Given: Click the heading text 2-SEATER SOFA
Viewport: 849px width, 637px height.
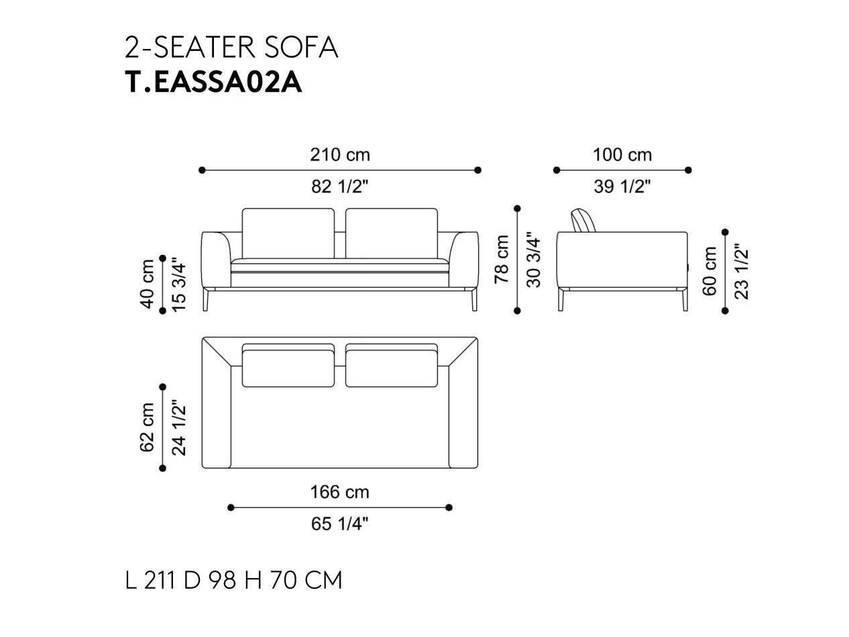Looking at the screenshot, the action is click(x=231, y=48).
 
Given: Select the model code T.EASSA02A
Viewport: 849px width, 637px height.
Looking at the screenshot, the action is click(x=213, y=82).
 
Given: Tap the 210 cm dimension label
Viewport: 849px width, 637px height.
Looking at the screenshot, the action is click(x=340, y=155).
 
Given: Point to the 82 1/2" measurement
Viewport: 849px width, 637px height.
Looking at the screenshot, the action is click(x=340, y=186).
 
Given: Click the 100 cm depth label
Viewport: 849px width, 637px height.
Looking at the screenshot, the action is click(x=622, y=155).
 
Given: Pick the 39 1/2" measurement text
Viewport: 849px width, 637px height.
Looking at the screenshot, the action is click(x=622, y=186).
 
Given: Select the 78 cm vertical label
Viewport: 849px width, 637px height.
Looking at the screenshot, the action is click(x=502, y=259).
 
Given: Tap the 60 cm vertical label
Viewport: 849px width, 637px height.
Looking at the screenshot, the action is click(x=710, y=271).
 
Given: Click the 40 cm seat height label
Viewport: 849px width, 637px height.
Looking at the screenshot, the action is click(x=148, y=284).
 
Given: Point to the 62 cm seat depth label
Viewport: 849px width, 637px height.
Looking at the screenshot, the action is click(x=148, y=427).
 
